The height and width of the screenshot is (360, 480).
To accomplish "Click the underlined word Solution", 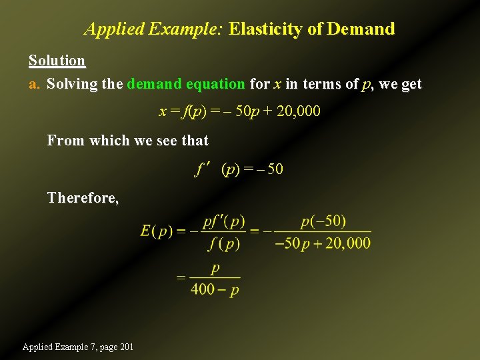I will pyautogui.click(x=57, y=61).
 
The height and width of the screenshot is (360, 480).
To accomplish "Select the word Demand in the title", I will pyautogui.click(x=361, y=29).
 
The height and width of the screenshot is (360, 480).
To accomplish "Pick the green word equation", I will pyautogui.click(x=215, y=84).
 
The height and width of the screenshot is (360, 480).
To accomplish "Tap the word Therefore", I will pyautogui.click(x=83, y=197).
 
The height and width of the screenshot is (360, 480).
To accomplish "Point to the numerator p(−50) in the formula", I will pyautogui.click(x=323, y=221).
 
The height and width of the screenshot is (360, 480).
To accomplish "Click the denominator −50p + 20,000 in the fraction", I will pyautogui.click(x=323, y=243).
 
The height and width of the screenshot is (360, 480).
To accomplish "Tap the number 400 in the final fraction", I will pyautogui.click(x=202, y=289).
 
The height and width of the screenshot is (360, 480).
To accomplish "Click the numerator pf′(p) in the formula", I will pyautogui.click(x=223, y=221).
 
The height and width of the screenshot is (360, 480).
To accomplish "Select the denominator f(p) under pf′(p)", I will pyautogui.click(x=223, y=244).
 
